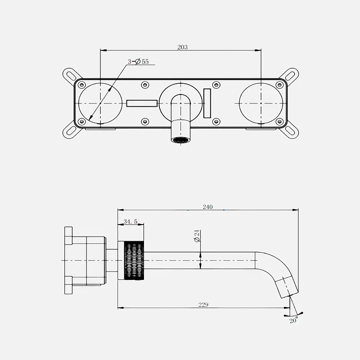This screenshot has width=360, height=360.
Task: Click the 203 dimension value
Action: click(x=183, y=47)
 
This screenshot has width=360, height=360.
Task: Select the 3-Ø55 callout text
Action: click(x=138, y=62)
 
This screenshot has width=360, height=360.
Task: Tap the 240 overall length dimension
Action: click(x=207, y=207)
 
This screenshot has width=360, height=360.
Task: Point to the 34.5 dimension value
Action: click(x=130, y=221)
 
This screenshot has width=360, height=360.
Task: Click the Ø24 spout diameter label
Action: click(x=197, y=236)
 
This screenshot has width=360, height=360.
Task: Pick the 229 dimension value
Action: click(x=203, y=305)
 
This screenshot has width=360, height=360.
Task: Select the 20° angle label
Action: click(x=294, y=320)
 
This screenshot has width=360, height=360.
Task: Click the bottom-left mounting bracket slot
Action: click(x=72, y=131)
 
